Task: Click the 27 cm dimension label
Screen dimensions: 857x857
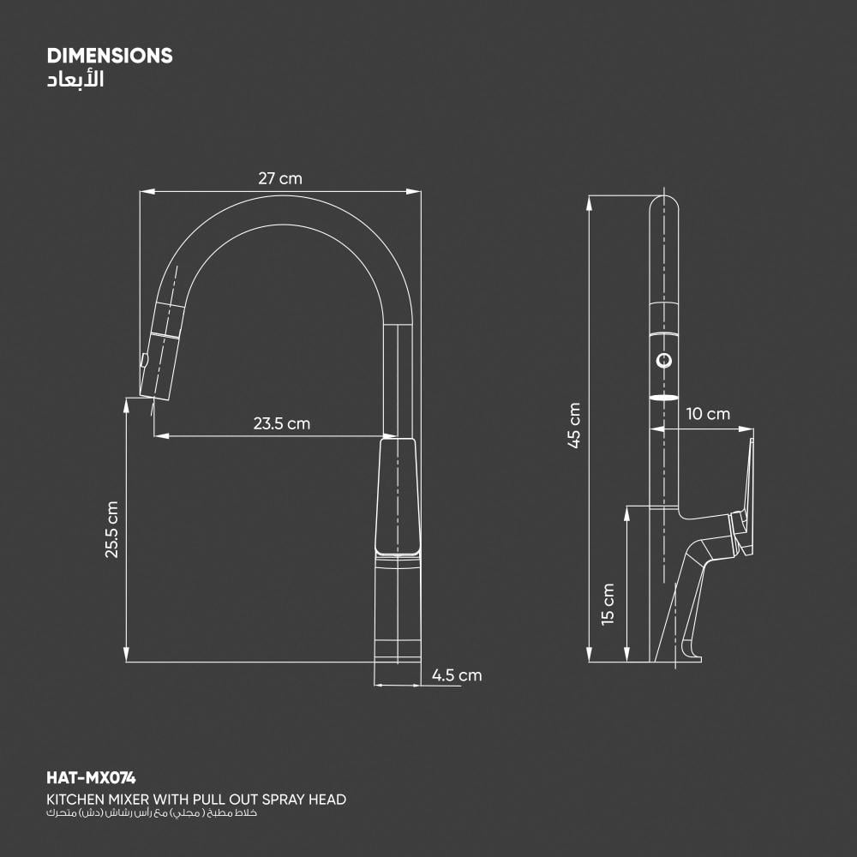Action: pyautogui.click(x=280, y=178)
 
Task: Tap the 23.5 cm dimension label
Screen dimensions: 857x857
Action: pyautogui.click(x=281, y=423)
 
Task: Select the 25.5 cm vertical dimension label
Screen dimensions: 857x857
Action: pyautogui.click(x=112, y=530)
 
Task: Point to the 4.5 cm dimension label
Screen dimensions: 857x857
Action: pyautogui.click(x=457, y=675)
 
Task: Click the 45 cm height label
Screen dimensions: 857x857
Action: pyautogui.click(x=574, y=425)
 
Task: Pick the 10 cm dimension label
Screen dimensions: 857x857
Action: pyautogui.click(x=708, y=414)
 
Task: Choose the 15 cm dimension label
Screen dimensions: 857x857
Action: pyautogui.click(x=608, y=603)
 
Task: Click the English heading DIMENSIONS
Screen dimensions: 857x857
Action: pyautogui.click(x=110, y=57)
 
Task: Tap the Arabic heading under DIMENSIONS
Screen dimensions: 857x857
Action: pyautogui.click(x=77, y=81)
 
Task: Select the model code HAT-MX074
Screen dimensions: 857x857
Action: pyautogui.click(x=91, y=778)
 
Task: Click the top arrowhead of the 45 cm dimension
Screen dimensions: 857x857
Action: pyautogui.click(x=590, y=202)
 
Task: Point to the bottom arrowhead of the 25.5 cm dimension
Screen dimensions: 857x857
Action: pyautogui.click(x=126, y=656)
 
